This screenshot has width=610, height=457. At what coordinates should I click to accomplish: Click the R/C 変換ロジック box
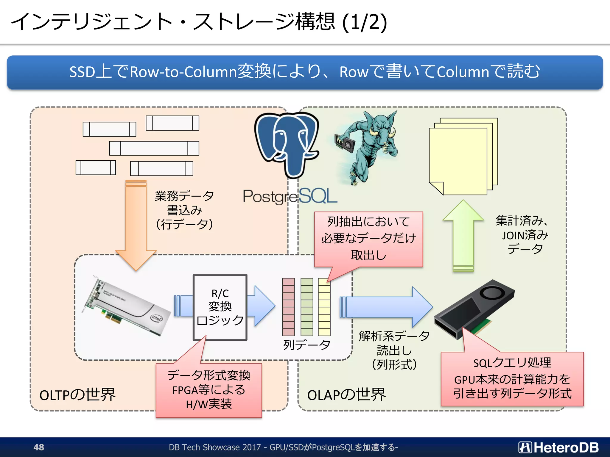click(x=220, y=307)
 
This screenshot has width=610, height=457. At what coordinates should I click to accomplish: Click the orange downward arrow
click(x=136, y=226)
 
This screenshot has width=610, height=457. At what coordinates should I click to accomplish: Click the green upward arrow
click(x=463, y=235)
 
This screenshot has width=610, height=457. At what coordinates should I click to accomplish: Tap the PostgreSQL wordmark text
click(x=290, y=196)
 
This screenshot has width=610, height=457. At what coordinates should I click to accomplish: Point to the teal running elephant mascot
click(x=369, y=146)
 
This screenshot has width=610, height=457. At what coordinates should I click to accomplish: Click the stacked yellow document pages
click(x=463, y=156)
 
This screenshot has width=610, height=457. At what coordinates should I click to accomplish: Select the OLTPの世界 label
click(x=77, y=395)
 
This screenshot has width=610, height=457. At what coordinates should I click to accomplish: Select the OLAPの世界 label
click(x=346, y=395)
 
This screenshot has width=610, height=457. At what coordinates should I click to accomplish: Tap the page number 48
click(x=39, y=447)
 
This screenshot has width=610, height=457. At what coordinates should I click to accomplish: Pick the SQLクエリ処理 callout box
click(x=512, y=379)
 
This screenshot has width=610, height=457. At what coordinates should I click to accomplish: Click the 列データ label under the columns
click(x=306, y=345)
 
